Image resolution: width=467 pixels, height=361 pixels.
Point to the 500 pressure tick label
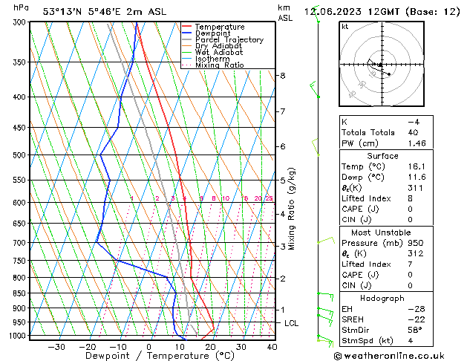coord(19,155)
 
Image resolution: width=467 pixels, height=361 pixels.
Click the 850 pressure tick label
coord(19,293)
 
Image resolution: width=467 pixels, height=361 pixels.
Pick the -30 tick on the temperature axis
coord(56,347)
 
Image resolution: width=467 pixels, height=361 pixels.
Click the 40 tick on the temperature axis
coord(272,347)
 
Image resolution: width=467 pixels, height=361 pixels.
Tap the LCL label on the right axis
coord(292,323)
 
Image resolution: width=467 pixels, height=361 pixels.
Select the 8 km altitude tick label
coord(282,76)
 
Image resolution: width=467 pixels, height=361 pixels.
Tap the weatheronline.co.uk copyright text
coord(401,355)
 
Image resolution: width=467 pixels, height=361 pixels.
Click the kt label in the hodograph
coord(344,26)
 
